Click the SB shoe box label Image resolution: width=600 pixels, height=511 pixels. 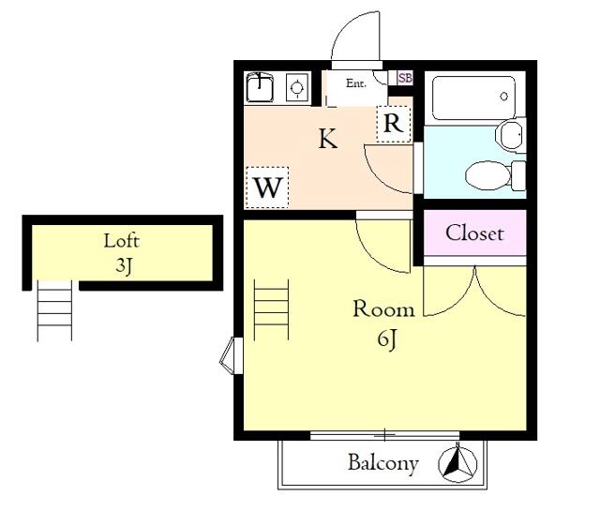point(405,78)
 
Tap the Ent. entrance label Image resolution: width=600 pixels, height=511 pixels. point(356,83)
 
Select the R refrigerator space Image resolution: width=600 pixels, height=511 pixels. point(394,124)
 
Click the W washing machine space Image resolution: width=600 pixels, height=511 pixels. point(267,188)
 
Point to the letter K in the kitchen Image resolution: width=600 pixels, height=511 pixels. point(328,139)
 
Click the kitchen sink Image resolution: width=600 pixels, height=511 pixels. point(260,87)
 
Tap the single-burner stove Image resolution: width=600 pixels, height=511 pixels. point(297,87)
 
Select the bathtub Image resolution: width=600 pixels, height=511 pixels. point(474,98)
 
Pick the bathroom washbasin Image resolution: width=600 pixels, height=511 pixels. point(510,134)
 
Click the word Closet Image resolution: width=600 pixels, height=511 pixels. point(474,233)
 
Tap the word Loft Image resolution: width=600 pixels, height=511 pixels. point(122,241)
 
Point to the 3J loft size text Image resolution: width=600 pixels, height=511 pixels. point(124,265)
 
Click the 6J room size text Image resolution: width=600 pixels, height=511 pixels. point(386,338)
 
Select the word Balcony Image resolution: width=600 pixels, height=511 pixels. point(383,463)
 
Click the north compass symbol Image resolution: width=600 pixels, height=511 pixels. point(457,462)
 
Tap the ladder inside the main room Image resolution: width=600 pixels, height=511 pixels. point(271,309)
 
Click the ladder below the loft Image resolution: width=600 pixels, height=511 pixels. point(54,310)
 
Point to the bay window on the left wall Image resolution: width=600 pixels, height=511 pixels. point(232,356)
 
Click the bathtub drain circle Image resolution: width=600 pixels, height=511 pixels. point(504,96)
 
